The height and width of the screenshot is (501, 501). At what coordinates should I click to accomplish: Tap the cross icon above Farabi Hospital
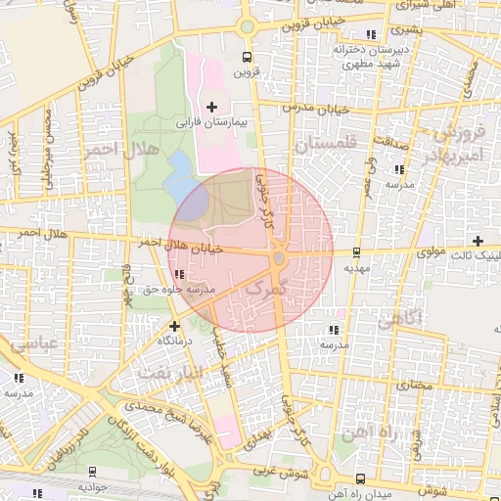(211, 106)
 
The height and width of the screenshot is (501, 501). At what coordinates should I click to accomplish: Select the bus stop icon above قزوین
(247, 57)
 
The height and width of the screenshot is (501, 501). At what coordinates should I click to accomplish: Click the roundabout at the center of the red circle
(279, 258)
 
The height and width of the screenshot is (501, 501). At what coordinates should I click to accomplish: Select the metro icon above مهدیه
(356, 251)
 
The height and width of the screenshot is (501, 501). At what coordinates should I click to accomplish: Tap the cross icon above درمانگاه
(174, 326)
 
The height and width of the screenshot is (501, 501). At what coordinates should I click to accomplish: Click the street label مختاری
(414, 385)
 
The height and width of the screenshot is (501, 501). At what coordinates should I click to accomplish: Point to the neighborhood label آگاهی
(400, 318)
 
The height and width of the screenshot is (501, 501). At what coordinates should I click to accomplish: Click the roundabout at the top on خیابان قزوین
(247, 27)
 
